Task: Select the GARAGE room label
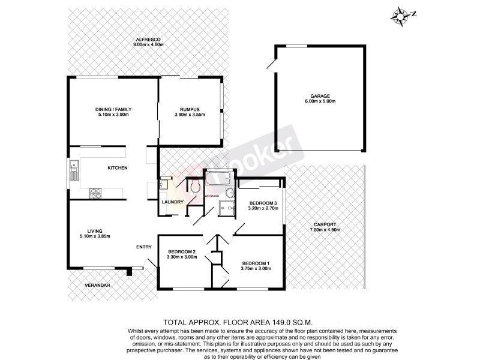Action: (x=319, y=96)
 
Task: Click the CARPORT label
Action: (x=325, y=224)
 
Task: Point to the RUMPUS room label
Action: (x=190, y=109)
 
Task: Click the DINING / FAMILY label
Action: (x=113, y=109)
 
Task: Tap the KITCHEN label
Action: (x=118, y=168)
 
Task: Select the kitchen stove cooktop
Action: (x=95, y=193)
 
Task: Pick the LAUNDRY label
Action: (x=172, y=202)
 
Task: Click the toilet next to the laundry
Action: (x=194, y=187)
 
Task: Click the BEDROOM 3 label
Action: (x=263, y=203)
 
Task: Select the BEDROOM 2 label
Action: (x=181, y=251)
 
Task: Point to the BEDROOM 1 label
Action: (x=256, y=263)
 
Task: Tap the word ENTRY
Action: (x=143, y=247)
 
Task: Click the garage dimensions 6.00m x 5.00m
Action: (x=319, y=101)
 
